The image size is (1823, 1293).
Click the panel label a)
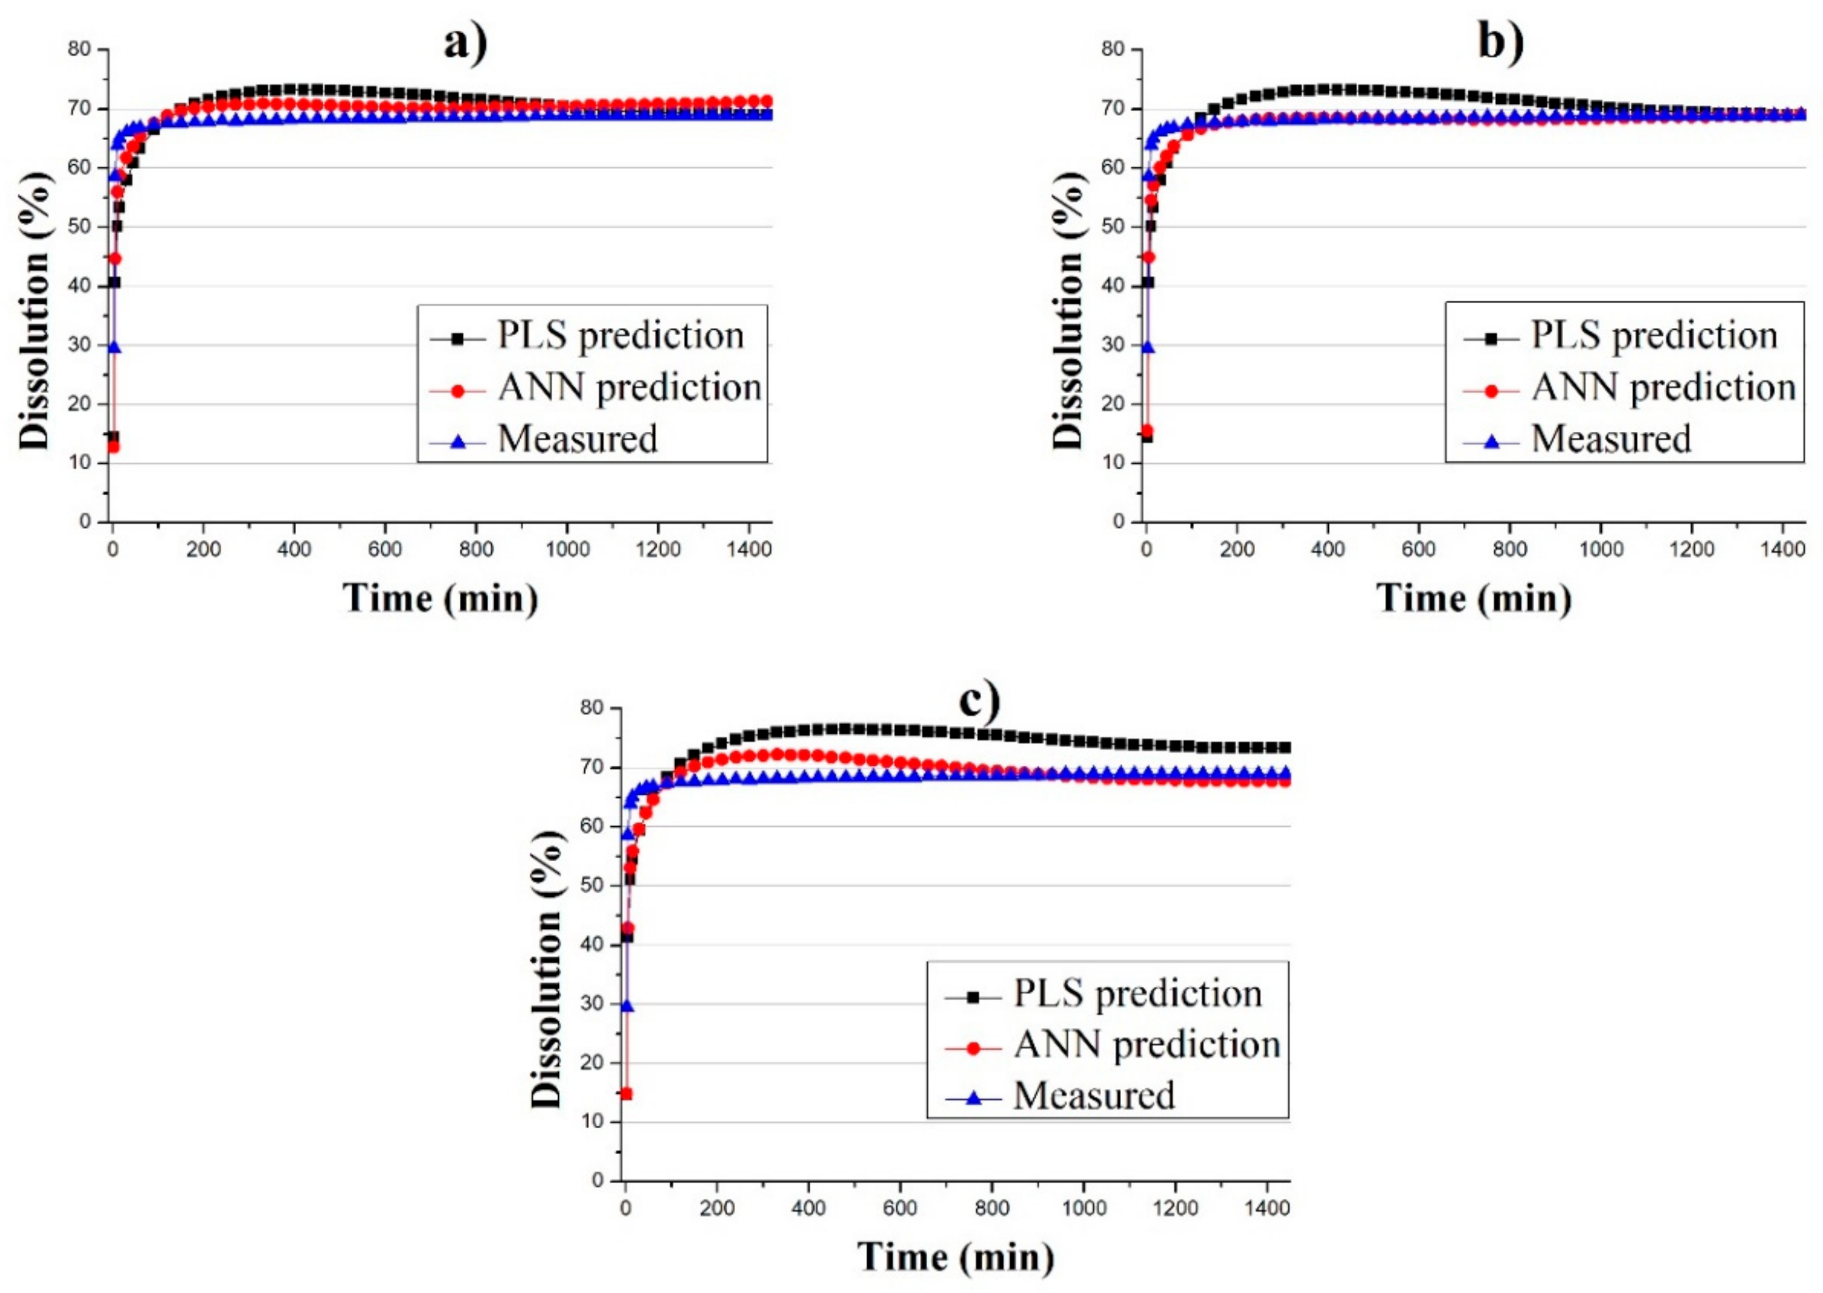(465, 42)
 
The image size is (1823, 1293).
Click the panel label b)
(1500, 42)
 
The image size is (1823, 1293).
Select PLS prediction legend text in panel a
(621, 335)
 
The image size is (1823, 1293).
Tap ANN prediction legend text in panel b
(1663, 388)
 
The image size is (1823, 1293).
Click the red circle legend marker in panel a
(457, 391)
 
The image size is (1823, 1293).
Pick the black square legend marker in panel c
(972, 996)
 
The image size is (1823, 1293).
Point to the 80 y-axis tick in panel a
(79, 49)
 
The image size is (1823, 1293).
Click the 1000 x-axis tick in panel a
(567, 549)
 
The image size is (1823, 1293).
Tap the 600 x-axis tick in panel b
(1418, 549)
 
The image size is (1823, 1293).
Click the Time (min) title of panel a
(440, 598)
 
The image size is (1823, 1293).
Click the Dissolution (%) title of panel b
(1068, 311)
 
